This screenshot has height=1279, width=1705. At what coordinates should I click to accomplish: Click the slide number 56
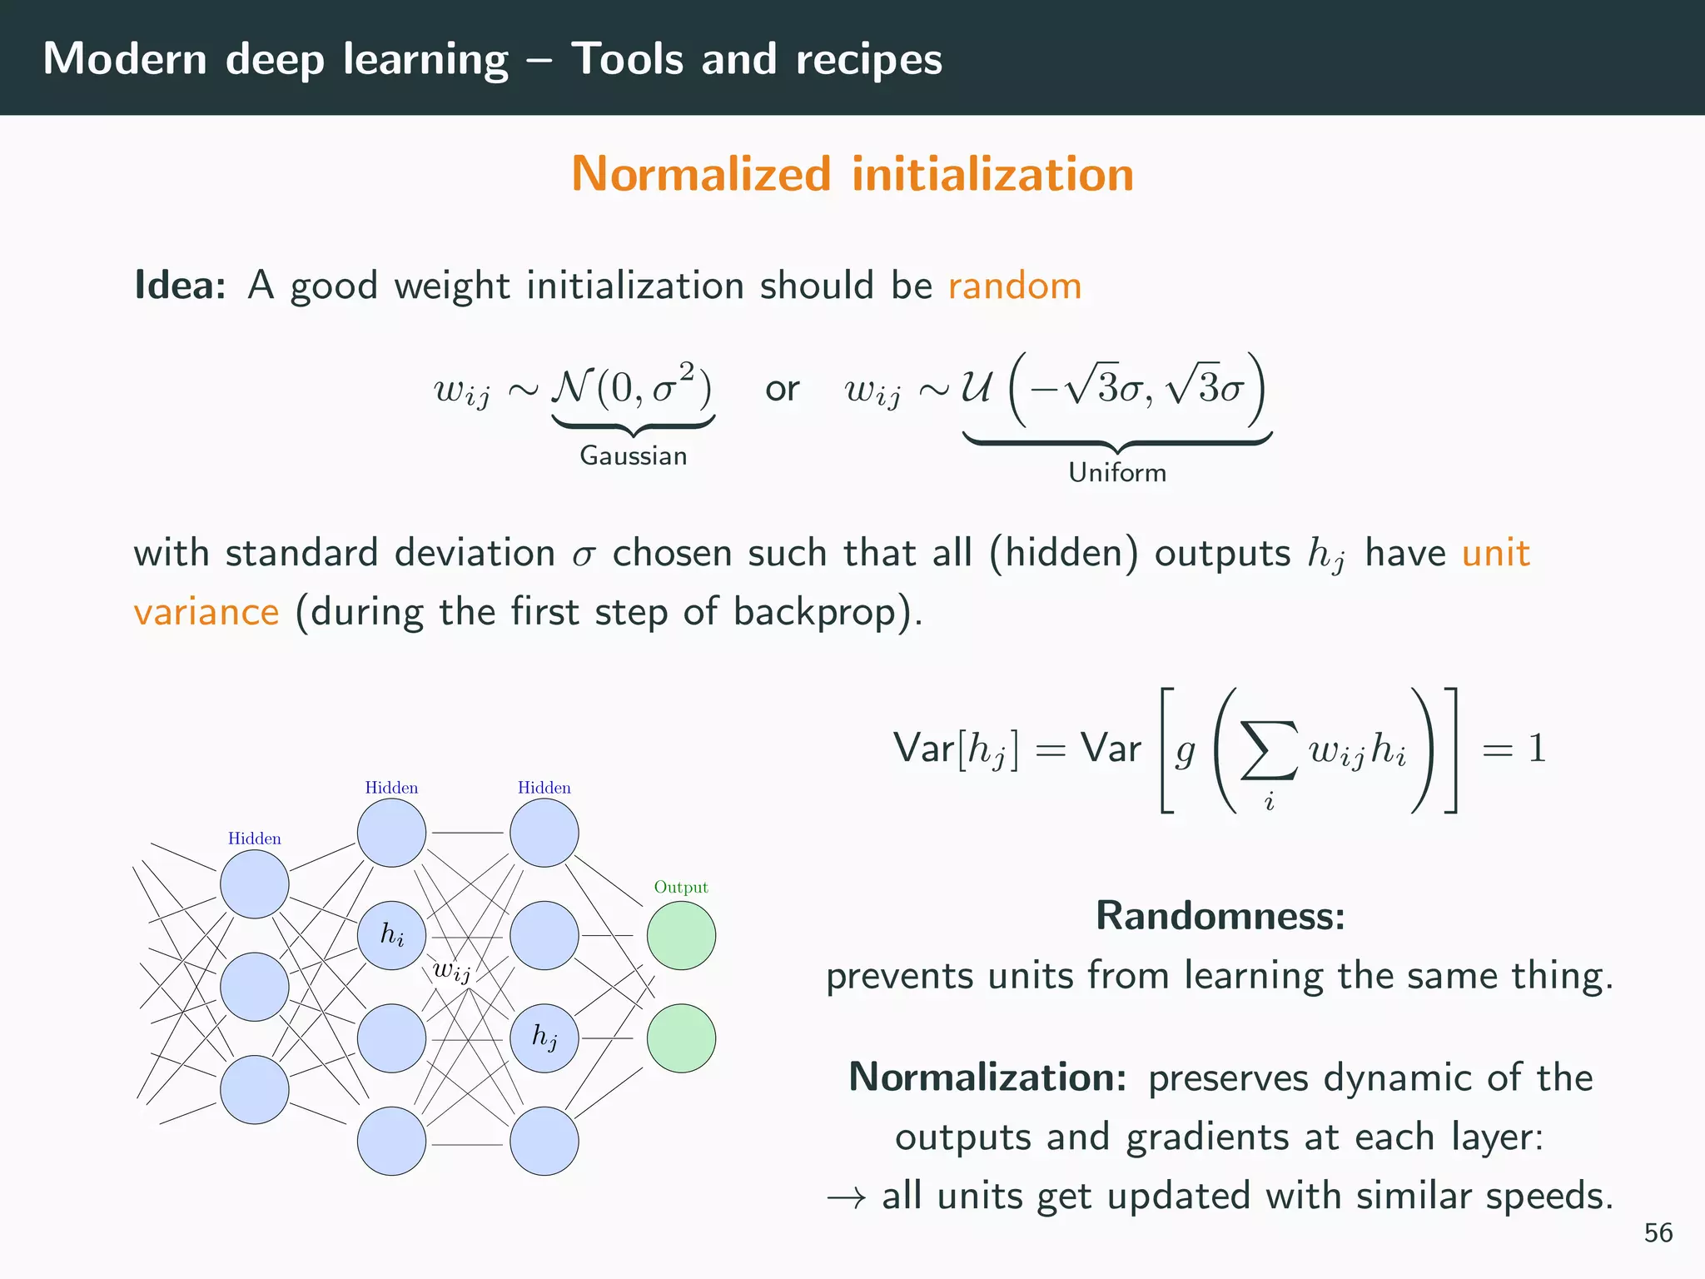(x=1658, y=1232)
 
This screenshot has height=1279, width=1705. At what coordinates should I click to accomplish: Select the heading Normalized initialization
(x=852, y=174)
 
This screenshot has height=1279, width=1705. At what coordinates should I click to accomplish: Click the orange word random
(x=1014, y=286)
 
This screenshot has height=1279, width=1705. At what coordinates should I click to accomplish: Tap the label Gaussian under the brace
(x=633, y=455)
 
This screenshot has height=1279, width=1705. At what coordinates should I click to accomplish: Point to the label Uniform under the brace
(x=1116, y=472)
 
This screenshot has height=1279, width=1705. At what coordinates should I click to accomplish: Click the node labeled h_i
(x=391, y=935)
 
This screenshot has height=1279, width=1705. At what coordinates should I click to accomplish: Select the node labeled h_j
(x=544, y=1038)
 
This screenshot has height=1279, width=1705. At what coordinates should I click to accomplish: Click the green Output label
(x=680, y=887)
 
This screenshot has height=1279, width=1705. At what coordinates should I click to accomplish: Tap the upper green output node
(x=681, y=935)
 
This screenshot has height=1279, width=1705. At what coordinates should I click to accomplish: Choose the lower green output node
(x=681, y=1038)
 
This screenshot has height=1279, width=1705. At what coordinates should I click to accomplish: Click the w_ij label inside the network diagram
(x=451, y=971)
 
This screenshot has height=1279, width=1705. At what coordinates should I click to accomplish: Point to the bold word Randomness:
(x=1220, y=915)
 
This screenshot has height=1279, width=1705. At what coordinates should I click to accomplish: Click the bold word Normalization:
(x=987, y=1077)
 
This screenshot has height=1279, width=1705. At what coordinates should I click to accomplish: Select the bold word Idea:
(x=180, y=286)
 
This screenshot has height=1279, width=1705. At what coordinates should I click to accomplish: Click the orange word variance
(x=206, y=612)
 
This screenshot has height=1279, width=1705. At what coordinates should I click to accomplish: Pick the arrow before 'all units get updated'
(x=846, y=1197)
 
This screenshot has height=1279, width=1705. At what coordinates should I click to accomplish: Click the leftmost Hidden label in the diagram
(x=254, y=839)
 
